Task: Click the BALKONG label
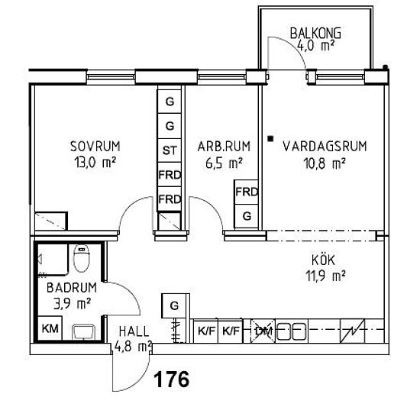click(x=315, y=33)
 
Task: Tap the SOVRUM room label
click(x=95, y=147)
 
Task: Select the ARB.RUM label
click(x=224, y=147)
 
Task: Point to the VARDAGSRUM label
click(x=325, y=147)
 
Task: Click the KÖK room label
click(x=323, y=260)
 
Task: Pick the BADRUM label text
click(x=72, y=288)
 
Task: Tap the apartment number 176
click(x=171, y=379)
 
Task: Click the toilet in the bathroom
click(x=82, y=258)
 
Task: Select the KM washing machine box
click(x=50, y=328)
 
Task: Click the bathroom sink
click(x=84, y=332)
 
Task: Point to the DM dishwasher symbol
click(x=263, y=331)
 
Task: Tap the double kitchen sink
click(x=291, y=331)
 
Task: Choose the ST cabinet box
click(x=170, y=150)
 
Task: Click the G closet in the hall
click(x=174, y=305)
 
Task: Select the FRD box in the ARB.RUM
click(x=246, y=192)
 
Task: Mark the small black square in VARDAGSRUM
click(x=271, y=138)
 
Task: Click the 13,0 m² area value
click(x=95, y=163)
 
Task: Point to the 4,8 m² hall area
click(x=133, y=347)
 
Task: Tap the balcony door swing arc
click(x=292, y=45)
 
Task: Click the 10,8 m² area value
click(x=325, y=163)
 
